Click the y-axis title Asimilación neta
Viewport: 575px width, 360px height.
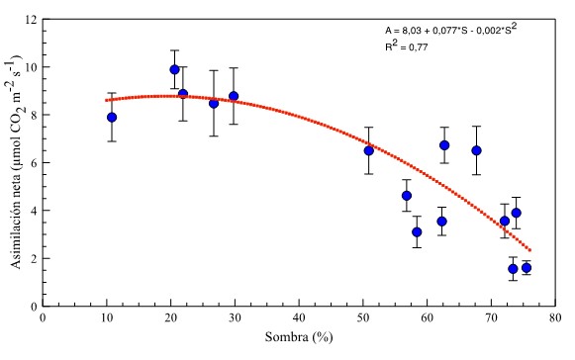13,163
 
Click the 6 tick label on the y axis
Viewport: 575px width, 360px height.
34,163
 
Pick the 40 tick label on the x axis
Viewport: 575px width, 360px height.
299,318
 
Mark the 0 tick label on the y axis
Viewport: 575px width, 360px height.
34,307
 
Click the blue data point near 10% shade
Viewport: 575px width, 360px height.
112,117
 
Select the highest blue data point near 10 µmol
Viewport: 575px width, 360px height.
174,69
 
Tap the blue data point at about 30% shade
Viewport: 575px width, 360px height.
234,96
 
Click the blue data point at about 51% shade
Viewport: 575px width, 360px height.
368,150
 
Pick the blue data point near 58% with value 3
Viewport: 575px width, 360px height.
417,231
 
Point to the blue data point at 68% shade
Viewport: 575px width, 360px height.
476,150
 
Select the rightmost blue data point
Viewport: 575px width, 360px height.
527,268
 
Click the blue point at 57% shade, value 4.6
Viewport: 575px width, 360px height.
406,196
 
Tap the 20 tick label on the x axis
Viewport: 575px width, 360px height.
171,318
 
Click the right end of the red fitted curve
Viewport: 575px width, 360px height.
530,250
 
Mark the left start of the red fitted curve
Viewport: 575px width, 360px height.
107,100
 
